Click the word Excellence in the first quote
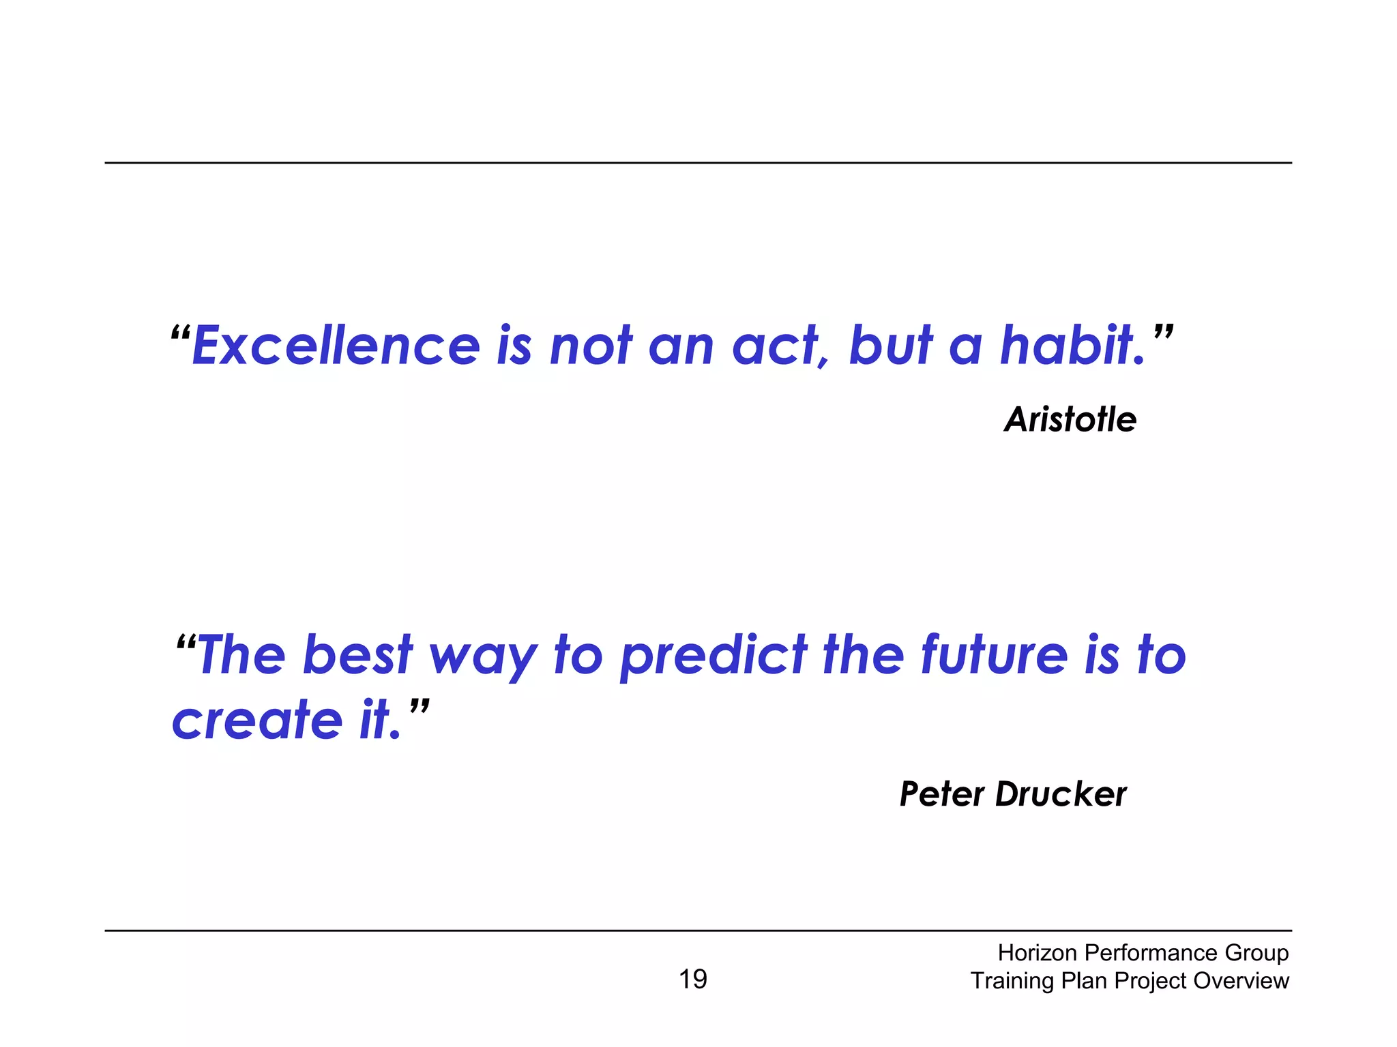pyautogui.click(x=336, y=346)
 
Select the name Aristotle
pyautogui.click(x=1070, y=419)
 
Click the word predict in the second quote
pyautogui.click(x=714, y=656)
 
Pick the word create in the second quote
pyautogui.click(x=256, y=720)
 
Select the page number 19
pyautogui.click(x=693, y=980)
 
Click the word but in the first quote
pyautogui.click(x=890, y=346)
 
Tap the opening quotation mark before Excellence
pyautogui.click(x=180, y=335)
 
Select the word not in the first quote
pyautogui.click(x=591, y=346)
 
